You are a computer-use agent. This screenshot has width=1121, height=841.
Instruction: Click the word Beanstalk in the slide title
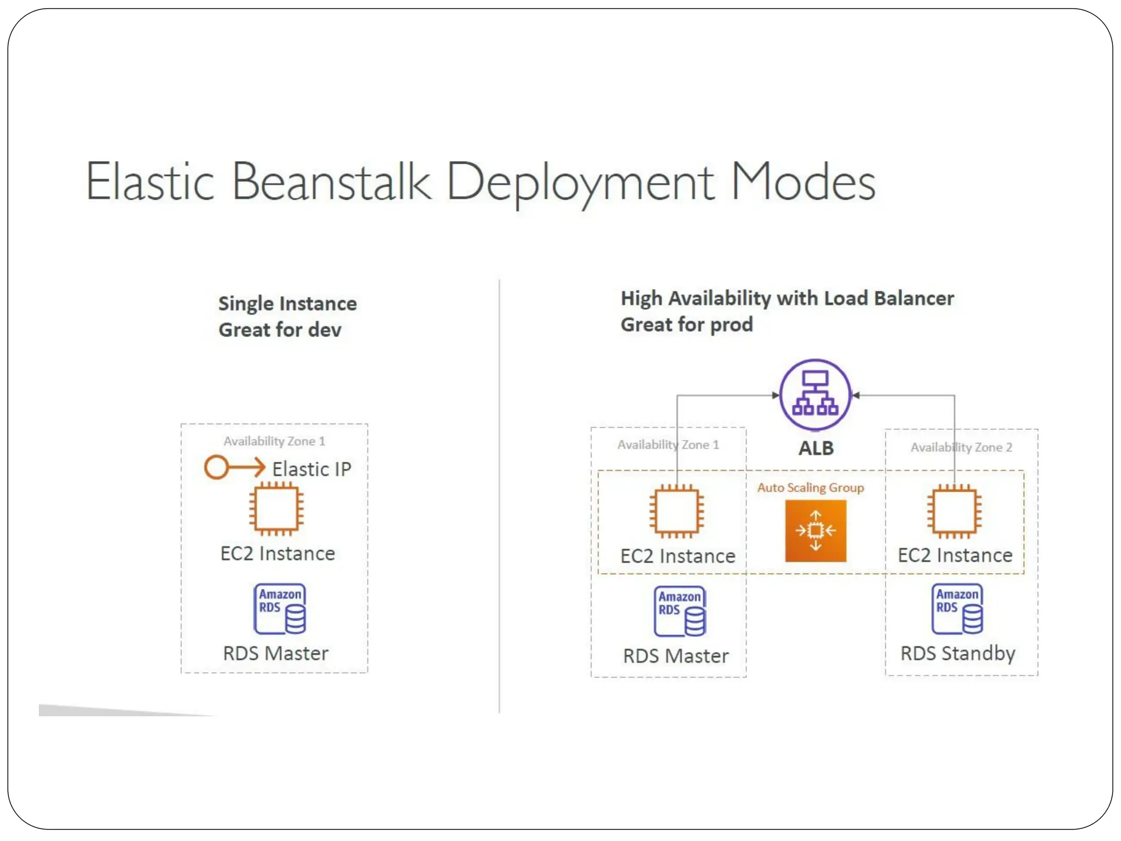point(331,182)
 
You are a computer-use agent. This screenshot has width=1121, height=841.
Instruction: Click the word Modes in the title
point(802,182)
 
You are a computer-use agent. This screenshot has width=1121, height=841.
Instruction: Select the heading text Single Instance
point(287,303)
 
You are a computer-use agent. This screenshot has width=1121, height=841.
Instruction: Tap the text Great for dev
point(280,330)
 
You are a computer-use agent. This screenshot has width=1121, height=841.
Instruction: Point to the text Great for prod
point(686,324)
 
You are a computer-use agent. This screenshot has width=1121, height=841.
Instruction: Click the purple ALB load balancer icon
point(815,394)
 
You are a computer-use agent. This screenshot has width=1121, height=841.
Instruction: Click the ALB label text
point(816,448)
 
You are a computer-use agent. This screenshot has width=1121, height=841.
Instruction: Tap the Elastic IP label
point(311,469)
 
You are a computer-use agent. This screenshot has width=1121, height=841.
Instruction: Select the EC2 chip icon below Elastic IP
point(276,509)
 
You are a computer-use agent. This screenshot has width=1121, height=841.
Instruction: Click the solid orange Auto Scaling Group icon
point(816,531)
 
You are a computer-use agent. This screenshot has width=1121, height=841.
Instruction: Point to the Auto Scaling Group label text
point(810,487)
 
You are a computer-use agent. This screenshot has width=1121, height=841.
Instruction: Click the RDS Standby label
point(957,653)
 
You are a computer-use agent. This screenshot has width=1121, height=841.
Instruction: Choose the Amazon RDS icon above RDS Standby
point(957,609)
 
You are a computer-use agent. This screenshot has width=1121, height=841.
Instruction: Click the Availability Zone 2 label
point(961,447)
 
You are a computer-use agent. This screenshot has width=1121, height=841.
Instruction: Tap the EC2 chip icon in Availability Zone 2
point(954,511)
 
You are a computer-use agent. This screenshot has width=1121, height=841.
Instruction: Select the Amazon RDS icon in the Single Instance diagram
point(280,609)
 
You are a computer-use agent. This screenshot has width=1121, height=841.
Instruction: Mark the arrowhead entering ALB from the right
point(856,395)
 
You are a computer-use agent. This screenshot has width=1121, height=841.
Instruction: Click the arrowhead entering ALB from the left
point(775,395)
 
